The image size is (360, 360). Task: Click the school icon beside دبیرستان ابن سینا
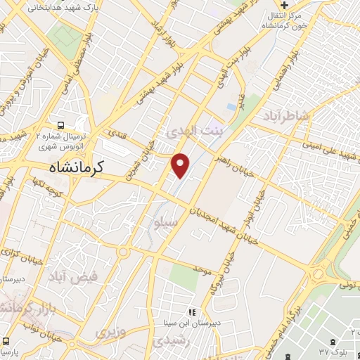click(x=190, y=311)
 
